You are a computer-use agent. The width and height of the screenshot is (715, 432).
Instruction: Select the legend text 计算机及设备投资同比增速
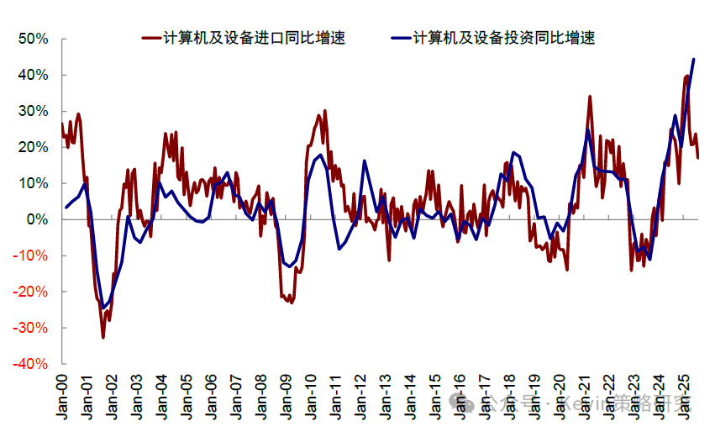(504, 38)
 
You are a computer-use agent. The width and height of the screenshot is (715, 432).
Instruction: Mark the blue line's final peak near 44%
(693, 59)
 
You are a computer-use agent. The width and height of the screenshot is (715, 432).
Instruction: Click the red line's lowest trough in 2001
(103, 337)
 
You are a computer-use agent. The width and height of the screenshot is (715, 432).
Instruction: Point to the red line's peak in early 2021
(590, 97)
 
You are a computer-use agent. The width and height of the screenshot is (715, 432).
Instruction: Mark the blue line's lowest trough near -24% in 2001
(103, 308)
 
